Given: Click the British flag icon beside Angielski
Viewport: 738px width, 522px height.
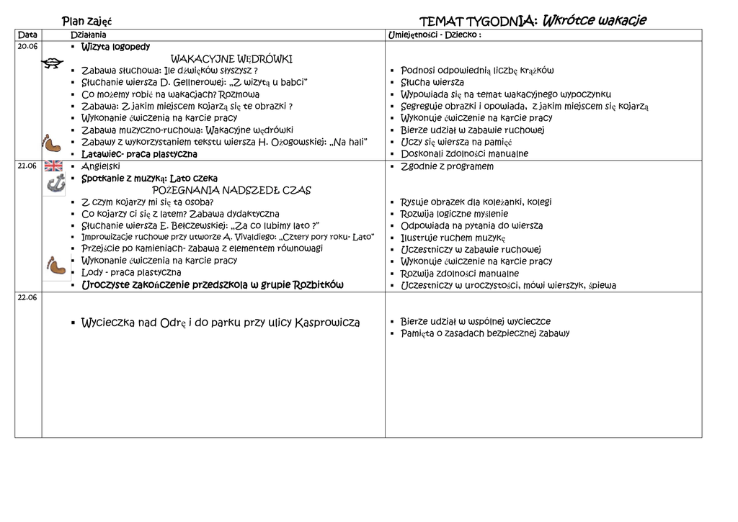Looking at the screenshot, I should pos(54,166).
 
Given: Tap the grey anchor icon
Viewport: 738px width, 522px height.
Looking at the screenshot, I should pos(55,184).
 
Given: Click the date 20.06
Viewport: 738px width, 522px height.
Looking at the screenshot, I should pos(27,46).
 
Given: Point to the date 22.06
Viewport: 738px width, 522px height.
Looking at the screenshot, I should pos(27,297).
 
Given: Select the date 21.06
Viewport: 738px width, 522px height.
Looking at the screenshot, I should pos(27,166).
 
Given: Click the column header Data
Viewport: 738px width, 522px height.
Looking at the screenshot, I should pos(27,35).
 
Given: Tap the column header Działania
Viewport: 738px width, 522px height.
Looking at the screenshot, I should pos(88,35).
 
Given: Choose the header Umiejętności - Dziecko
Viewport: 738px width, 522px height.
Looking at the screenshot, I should pos(434,35).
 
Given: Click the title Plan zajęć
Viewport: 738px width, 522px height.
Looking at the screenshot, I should pos(86,21).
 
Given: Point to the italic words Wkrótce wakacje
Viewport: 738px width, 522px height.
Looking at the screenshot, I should pos(594,20).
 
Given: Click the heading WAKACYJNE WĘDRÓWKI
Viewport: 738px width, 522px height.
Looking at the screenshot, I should pos(231,58).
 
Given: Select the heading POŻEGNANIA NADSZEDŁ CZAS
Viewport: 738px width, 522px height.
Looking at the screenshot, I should pos(231,190).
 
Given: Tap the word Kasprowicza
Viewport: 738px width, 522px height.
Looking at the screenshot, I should pos(327,323).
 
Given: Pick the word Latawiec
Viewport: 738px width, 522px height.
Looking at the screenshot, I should pos(101,154).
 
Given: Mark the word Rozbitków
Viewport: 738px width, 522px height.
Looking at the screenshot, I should pos(318,284).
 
